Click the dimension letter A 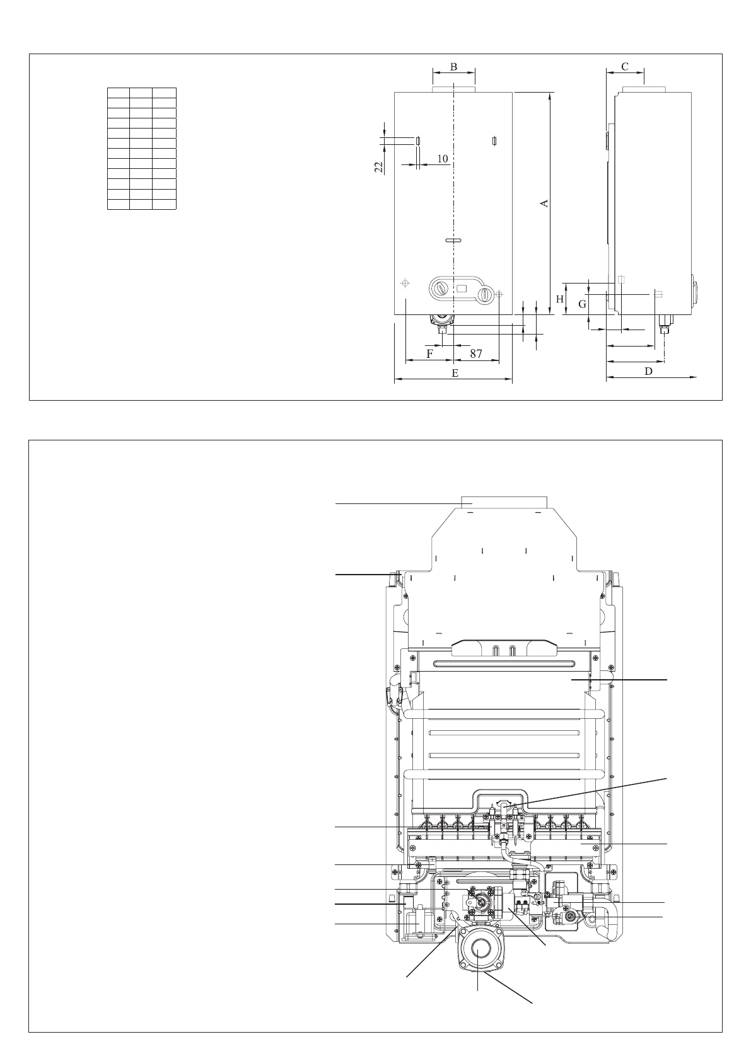pos(545,203)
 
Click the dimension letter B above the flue pos(453,66)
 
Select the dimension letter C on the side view pos(624,66)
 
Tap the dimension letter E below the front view pos(454,373)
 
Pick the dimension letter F pos(430,353)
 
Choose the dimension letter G pos(583,304)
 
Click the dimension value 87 pos(475,354)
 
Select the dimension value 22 pos(379,166)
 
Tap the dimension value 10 pos(443,159)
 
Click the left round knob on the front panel pos(440,289)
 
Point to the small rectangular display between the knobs pos(462,289)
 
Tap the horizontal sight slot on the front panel pos(453,240)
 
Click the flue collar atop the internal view pos(504,502)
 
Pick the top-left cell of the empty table pos(119,93)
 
